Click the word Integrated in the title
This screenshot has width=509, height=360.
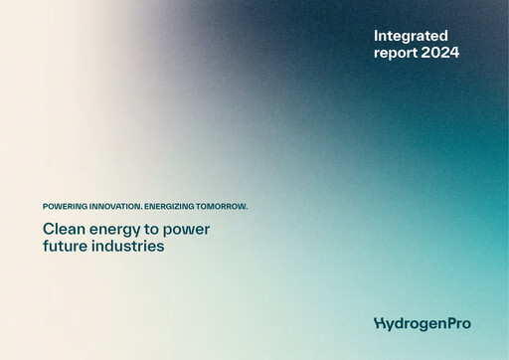click(411, 35)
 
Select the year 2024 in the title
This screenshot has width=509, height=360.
click(440, 53)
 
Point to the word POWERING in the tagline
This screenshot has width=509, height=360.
click(65, 206)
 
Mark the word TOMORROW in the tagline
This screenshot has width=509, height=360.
click(223, 206)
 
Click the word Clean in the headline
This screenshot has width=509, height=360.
click(63, 229)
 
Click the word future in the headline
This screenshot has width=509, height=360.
click(65, 246)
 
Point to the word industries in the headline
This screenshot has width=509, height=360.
click(127, 246)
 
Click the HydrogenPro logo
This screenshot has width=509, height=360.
click(423, 323)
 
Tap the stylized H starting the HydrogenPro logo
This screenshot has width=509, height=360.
click(379, 323)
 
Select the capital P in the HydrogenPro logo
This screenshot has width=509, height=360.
click(447, 322)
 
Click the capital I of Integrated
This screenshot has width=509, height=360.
click(376, 35)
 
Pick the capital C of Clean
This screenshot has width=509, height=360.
click(48, 229)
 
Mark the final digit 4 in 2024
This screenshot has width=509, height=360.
click(454, 53)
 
